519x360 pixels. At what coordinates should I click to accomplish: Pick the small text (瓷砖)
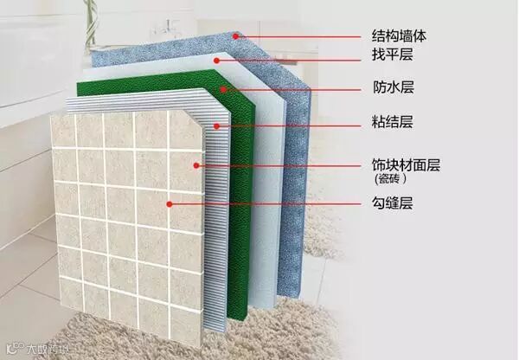[390, 180]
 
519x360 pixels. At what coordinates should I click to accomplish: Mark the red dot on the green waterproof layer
[223, 87]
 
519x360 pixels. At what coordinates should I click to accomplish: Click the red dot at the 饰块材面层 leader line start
[198, 164]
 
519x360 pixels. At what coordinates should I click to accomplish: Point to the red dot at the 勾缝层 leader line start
[170, 204]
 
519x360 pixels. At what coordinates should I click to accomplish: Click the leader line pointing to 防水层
[294, 87]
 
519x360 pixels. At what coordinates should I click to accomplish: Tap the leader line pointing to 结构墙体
[303, 36]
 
